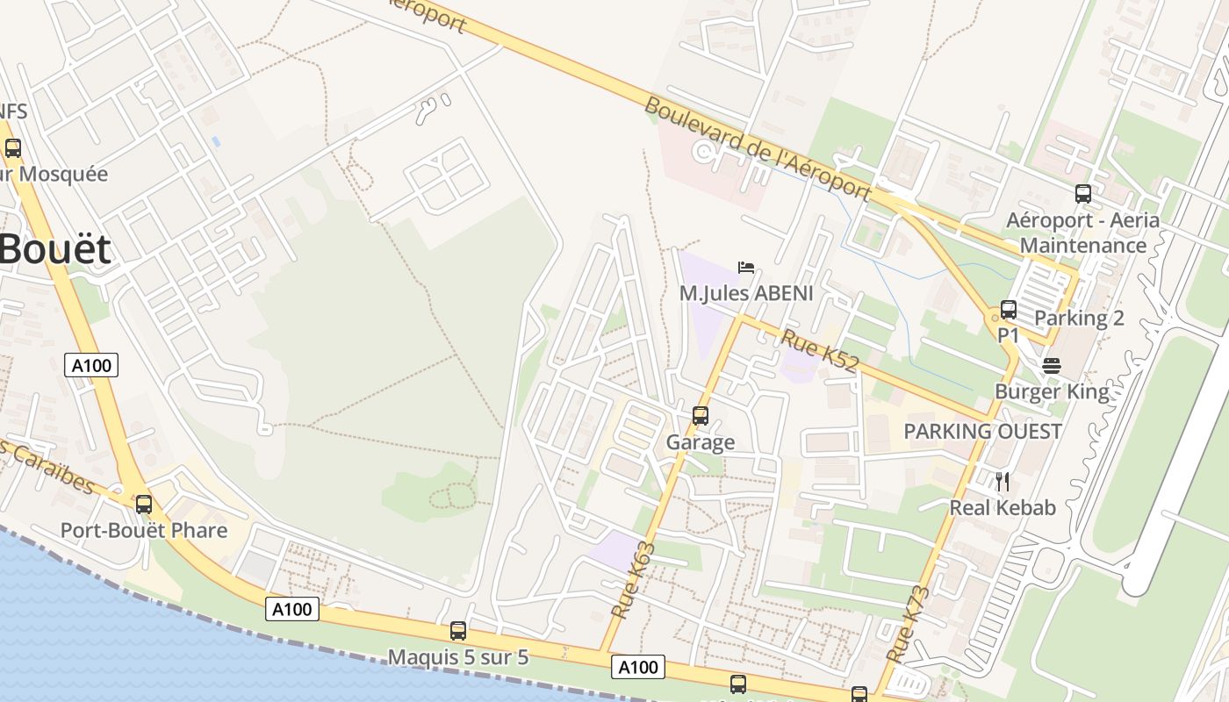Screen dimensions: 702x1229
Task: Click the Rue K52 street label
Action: point(819,351)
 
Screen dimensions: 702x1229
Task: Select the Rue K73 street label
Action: point(908,624)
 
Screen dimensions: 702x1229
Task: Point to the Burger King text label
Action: point(1052,391)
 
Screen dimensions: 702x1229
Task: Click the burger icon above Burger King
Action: point(1052,365)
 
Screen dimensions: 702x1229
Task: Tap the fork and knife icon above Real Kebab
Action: point(1003,481)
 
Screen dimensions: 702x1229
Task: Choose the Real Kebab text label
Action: point(1003,507)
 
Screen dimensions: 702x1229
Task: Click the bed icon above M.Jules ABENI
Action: point(746,267)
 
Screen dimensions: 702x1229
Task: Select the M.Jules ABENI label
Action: point(746,293)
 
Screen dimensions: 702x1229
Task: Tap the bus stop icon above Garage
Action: point(700,415)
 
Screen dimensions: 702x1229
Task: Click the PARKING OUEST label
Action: point(982,432)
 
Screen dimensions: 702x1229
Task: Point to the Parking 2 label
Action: point(1079,318)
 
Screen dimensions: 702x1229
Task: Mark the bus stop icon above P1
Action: point(1009,309)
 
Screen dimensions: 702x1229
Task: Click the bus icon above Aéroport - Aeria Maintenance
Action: point(1083,193)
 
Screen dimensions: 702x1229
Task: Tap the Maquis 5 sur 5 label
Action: point(458,656)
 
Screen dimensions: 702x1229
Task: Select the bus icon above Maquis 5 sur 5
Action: point(458,630)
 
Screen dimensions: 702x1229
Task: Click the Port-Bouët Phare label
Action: point(143,530)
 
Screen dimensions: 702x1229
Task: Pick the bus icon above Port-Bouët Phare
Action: point(143,504)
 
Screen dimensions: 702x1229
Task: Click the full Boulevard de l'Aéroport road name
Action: point(758,149)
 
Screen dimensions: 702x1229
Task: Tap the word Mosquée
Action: point(63,174)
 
